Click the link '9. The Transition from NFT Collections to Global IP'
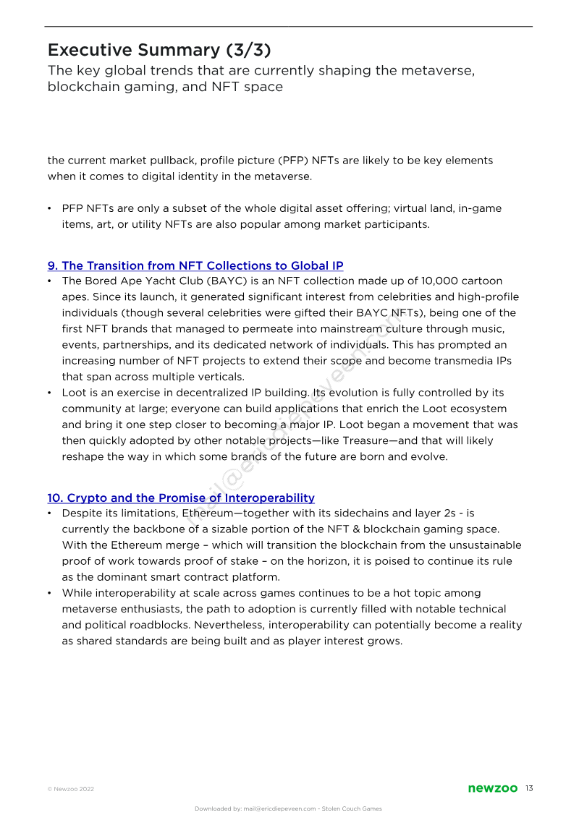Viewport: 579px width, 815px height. [x=195, y=266]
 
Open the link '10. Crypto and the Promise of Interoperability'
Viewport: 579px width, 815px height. [x=181, y=498]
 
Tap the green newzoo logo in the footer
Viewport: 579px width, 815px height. [x=493, y=788]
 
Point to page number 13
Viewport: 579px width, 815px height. [x=529, y=788]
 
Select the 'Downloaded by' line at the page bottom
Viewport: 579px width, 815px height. [x=288, y=808]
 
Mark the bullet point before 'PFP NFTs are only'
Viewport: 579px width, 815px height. [x=50, y=208]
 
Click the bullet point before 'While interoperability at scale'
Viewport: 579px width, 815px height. [x=50, y=593]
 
